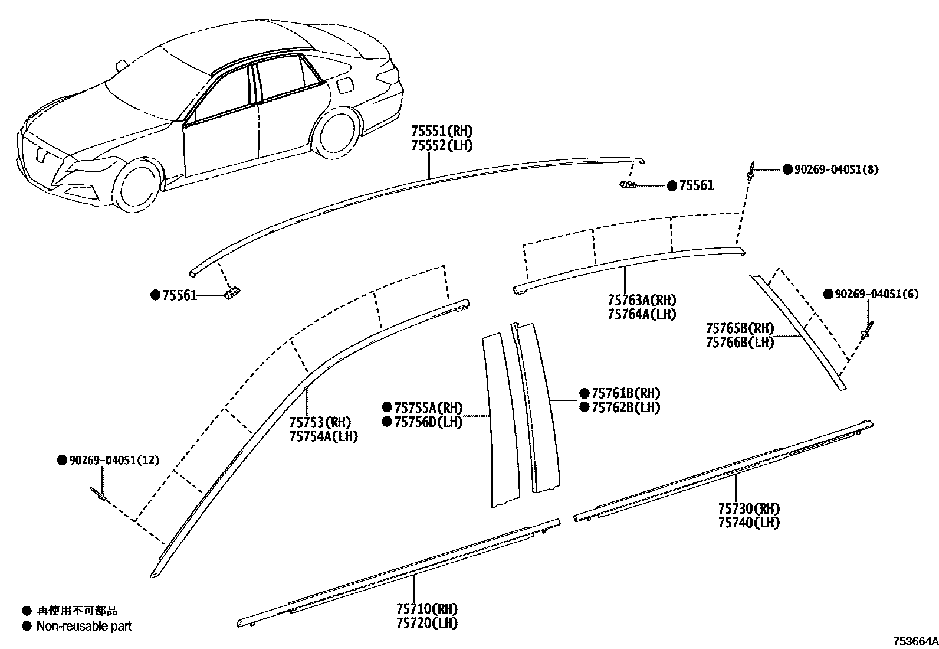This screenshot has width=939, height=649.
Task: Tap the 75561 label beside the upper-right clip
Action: tap(697, 185)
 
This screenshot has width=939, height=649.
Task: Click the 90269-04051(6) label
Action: tap(876, 294)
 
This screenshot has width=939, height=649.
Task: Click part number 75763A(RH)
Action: tap(642, 299)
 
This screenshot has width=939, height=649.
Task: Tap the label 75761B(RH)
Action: tap(626, 393)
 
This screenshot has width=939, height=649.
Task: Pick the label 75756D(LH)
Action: tap(428, 422)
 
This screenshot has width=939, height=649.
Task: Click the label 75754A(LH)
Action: tap(323, 436)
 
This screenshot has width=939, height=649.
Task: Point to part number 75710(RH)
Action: tap(427, 608)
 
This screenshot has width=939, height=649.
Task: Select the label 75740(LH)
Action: tap(748, 523)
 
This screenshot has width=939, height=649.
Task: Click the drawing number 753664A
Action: tap(915, 641)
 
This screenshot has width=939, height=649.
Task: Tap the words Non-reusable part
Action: tap(84, 626)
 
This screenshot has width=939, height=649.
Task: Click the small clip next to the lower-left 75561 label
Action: tap(233, 293)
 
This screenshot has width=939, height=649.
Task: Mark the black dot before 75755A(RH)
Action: tap(386, 407)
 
